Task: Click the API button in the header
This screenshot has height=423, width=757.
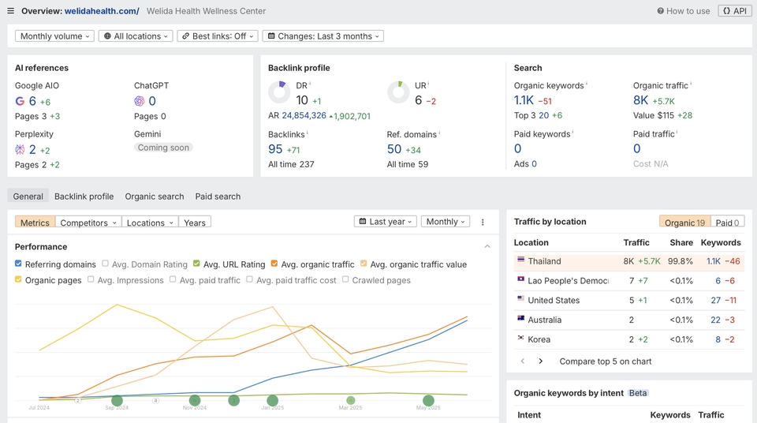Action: pyautogui.click(x=736, y=11)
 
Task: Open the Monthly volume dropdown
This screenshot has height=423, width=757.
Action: pyautogui.click(x=54, y=36)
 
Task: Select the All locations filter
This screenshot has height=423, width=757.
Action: pyautogui.click(x=135, y=36)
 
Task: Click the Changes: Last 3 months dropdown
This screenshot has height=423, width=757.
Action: pyautogui.click(x=323, y=36)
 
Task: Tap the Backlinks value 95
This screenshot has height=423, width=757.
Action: pyautogui.click(x=275, y=149)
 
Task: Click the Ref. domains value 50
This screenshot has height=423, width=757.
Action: pyautogui.click(x=394, y=149)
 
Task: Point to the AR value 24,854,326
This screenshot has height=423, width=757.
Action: pyautogui.click(x=304, y=116)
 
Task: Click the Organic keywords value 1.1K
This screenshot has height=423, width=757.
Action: pyautogui.click(x=524, y=100)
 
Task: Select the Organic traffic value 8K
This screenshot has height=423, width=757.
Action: pyautogui.click(x=640, y=100)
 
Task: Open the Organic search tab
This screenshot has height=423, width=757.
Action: pyautogui.click(x=155, y=197)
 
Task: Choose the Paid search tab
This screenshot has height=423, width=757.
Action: pyautogui.click(x=218, y=197)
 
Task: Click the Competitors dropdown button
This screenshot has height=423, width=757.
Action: pyautogui.click(x=89, y=223)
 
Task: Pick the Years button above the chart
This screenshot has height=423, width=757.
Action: pyautogui.click(x=195, y=223)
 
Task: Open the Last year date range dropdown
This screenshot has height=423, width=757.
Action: pyautogui.click(x=386, y=222)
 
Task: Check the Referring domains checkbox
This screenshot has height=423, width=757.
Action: pyautogui.click(x=19, y=264)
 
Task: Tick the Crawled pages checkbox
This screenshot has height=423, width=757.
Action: pyautogui.click(x=345, y=280)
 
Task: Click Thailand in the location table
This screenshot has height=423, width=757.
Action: pyautogui.click(x=544, y=261)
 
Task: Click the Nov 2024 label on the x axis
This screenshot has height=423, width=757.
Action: pyautogui.click(x=195, y=407)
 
